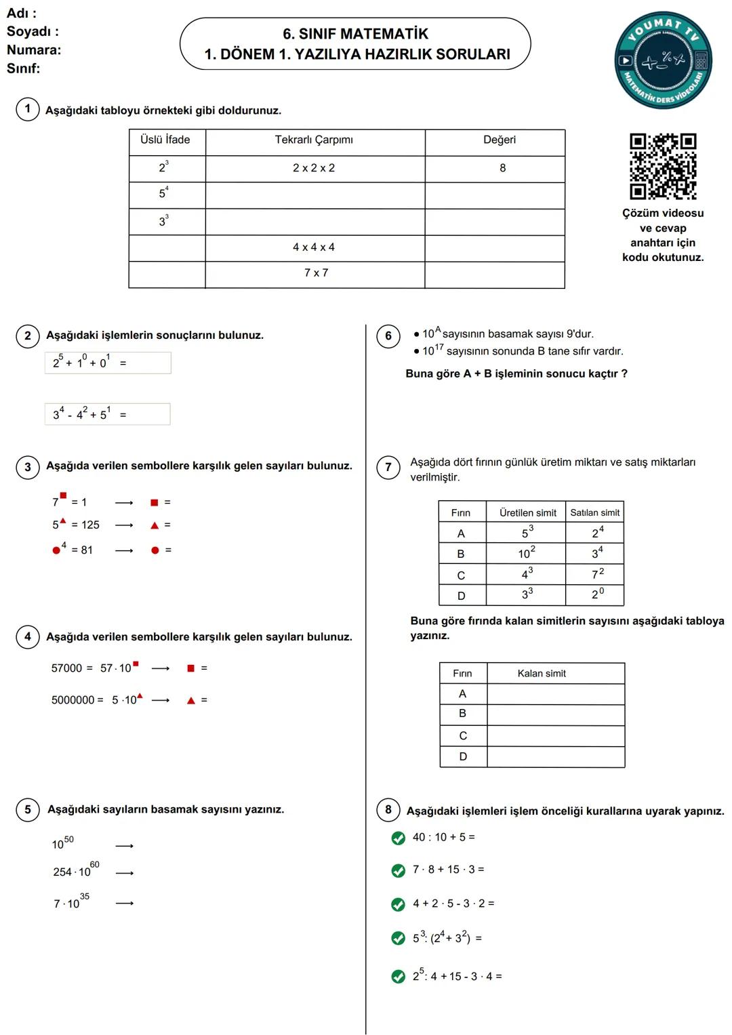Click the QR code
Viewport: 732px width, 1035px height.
click(663, 166)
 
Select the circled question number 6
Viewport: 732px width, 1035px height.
click(388, 336)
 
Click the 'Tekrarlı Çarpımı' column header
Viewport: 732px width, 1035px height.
click(314, 140)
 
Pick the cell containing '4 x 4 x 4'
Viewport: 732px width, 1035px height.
click(314, 247)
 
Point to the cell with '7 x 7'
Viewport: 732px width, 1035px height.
click(316, 273)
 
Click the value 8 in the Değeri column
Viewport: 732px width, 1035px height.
click(502, 168)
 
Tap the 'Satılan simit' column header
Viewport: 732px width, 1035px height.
click(594, 513)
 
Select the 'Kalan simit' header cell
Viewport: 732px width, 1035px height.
click(542, 673)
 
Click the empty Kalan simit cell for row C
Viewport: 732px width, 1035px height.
click(556, 735)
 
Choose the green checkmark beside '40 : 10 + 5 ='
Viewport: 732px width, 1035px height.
click(399, 838)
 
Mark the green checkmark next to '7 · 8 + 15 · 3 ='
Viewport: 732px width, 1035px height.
click(399, 871)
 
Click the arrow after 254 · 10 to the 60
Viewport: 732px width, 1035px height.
click(125, 873)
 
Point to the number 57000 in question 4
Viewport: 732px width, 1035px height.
click(66, 668)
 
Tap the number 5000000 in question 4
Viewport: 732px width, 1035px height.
click(73, 700)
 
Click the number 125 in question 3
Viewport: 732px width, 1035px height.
click(90, 525)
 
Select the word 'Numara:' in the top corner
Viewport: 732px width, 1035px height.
click(34, 50)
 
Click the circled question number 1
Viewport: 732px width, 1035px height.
click(28, 109)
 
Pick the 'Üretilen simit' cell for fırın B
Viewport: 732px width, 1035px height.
click(527, 553)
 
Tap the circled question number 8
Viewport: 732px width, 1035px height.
click(388, 809)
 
